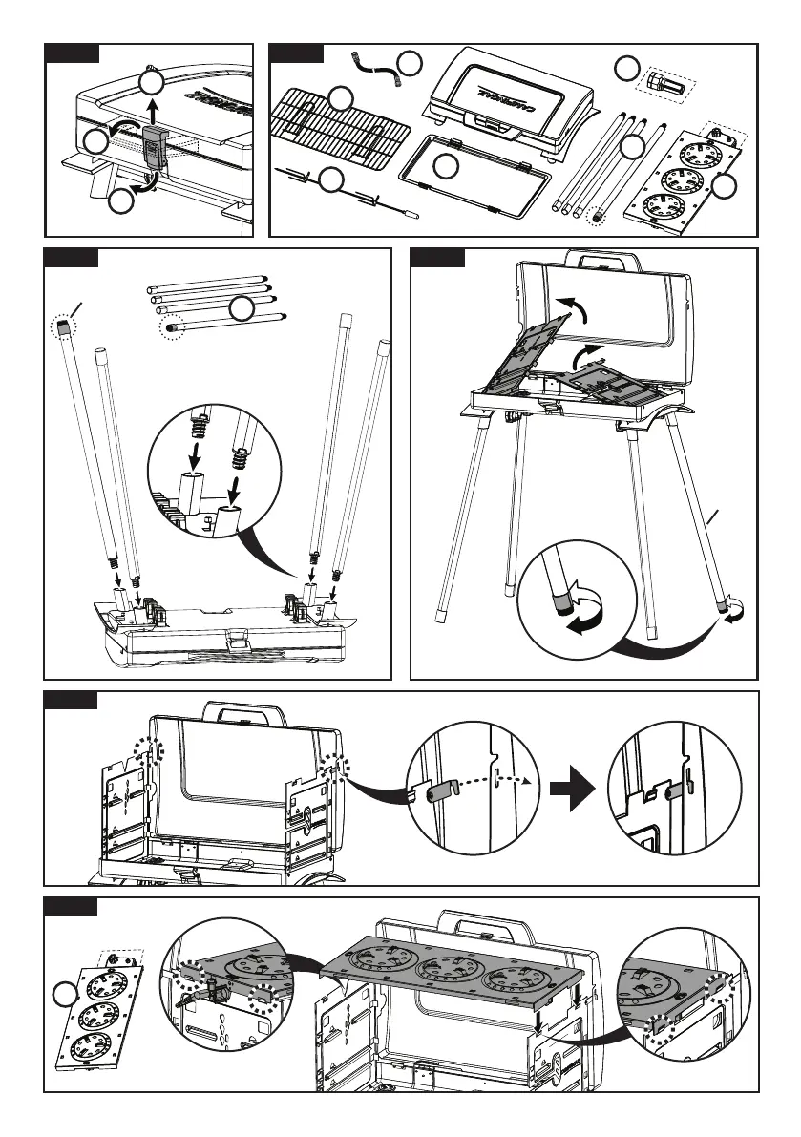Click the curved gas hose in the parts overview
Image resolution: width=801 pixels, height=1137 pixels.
(x=373, y=68)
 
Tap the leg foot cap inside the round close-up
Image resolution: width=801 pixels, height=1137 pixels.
(x=562, y=602)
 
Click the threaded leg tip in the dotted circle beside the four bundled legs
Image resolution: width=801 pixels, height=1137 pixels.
(x=173, y=326)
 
